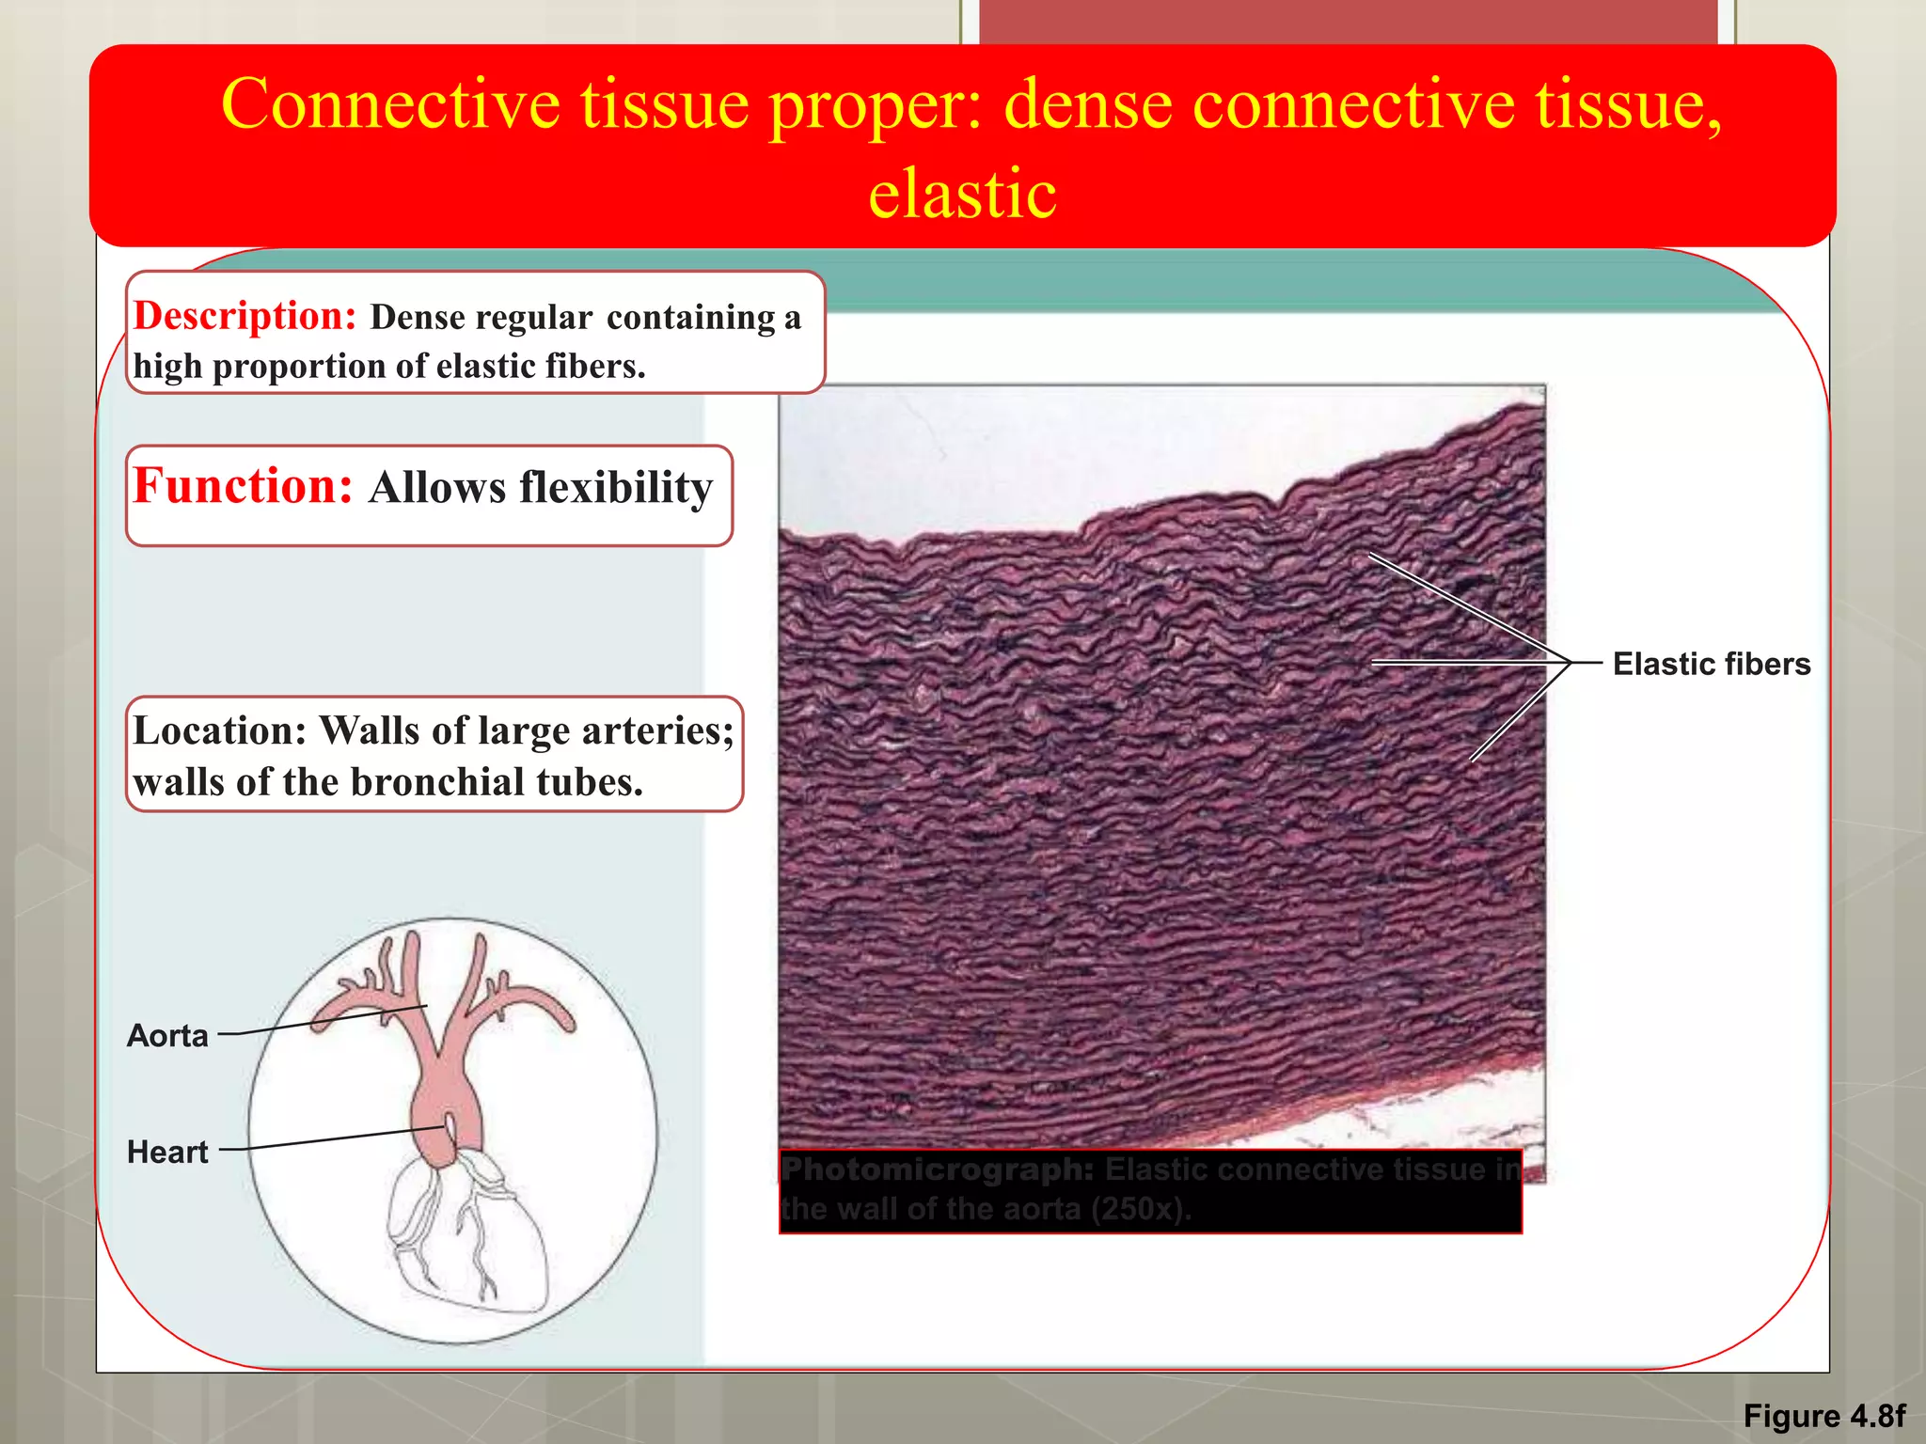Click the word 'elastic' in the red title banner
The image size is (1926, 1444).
(x=962, y=194)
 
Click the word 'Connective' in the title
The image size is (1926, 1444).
(x=390, y=103)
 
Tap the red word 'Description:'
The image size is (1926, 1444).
(x=245, y=316)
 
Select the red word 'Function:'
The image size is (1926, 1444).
(x=243, y=486)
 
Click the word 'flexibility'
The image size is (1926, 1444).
(x=616, y=488)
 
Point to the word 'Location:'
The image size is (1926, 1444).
(x=219, y=730)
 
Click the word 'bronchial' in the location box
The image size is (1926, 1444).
(x=437, y=782)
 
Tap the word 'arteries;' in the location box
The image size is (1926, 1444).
(x=657, y=730)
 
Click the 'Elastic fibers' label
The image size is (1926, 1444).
(x=1711, y=664)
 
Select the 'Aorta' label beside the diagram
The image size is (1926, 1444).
(x=167, y=1035)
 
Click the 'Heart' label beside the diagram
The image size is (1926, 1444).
(x=167, y=1152)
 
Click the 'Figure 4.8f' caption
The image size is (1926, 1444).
(x=1823, y=1416)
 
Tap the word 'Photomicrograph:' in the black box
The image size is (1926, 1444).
(x=938, y=1169)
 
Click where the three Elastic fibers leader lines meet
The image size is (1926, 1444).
(x=1571, y=663)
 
